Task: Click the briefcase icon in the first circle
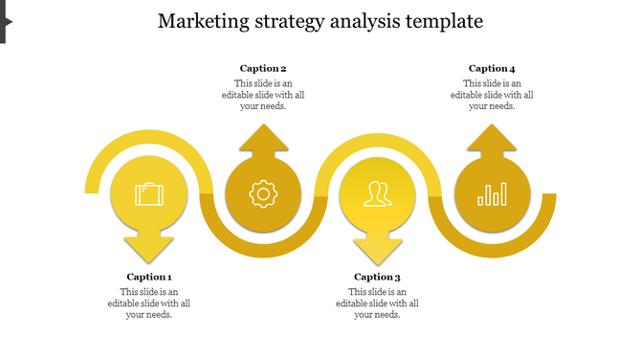pyautogui.click(x=148, y=194)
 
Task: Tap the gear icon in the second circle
pyautogui.click(x=262, y=194)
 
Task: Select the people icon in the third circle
pyautogui.click(x=377, y=194)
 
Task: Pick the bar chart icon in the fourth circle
pyautogui.click(x=492, y=194)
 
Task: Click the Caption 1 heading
pyautogui.click(x=148, y=277)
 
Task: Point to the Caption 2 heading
pyautogui.click(x=263, y=68)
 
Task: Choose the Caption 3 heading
pyautogui.click(x=377, y=277)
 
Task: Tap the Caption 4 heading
pyautogui.click(x=492, y=68)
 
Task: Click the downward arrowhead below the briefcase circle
pyautogui.click(x=148, y=251)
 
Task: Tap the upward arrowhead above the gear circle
pyautogui.click(x=262, y=138)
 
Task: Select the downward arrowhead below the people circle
pyautogui.click(x=377, y=251)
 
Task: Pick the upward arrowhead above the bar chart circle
pyautogui.click(x=492, y=138)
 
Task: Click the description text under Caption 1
pyautogui.click(x=148, y=303)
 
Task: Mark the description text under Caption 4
pyautogui.click(x=492, y=95)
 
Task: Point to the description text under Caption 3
pyautogui.click(x=377, y=303)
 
